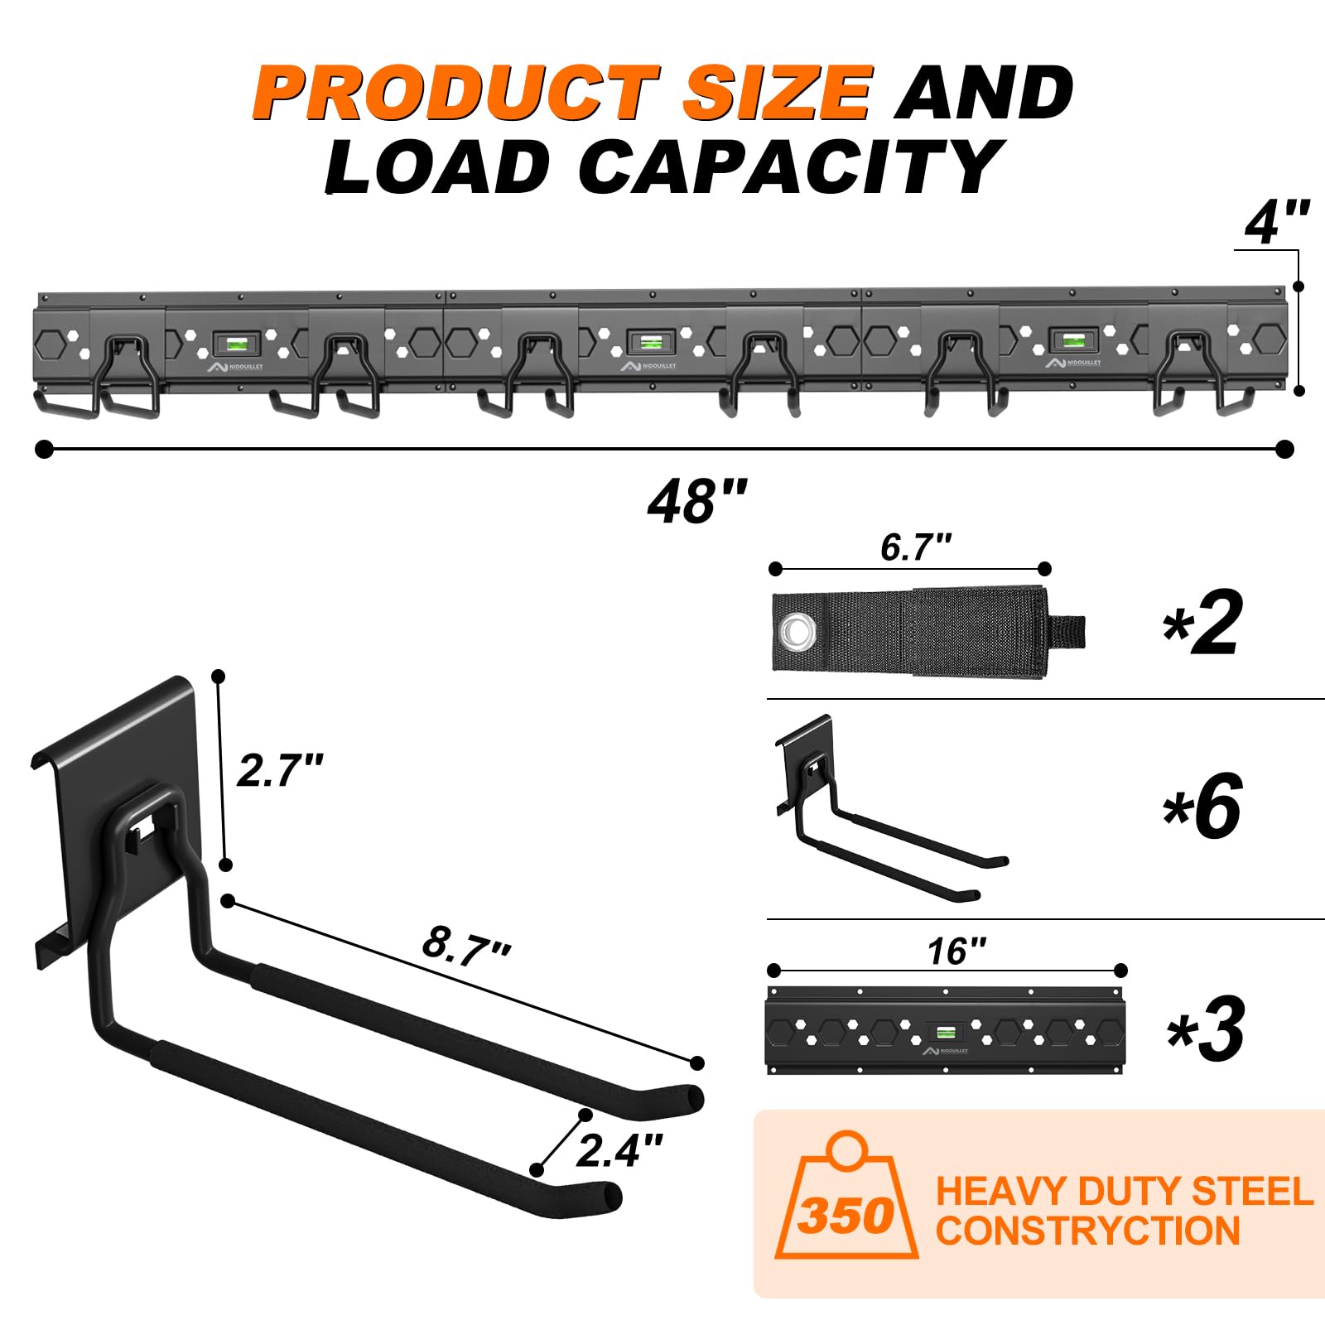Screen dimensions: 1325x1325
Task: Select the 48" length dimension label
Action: tap(697, 500)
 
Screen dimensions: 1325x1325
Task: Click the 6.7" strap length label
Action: tap(916, 547)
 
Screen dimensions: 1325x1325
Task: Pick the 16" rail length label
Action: tap(956, 951)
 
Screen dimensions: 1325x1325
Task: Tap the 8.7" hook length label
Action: tap(466, 945)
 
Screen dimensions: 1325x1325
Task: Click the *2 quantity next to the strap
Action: tap(1202, 623)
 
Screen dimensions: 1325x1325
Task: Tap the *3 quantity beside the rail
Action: tap(1206, 1029)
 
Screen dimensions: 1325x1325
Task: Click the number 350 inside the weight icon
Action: tap(846, 1216)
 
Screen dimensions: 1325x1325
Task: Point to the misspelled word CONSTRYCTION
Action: tap(1087, 1231)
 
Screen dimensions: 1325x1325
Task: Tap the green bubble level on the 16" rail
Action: tap(943, 1032)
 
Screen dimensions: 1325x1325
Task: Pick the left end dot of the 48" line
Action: tap(45, 449)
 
